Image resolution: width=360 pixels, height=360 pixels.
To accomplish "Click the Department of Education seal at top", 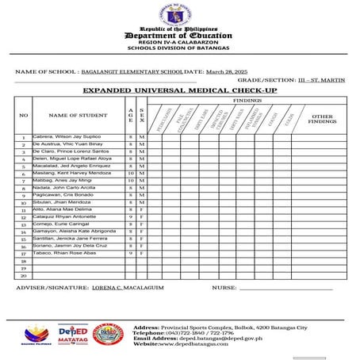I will tap(179, 15).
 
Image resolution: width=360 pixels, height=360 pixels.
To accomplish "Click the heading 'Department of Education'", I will tap(179, 36).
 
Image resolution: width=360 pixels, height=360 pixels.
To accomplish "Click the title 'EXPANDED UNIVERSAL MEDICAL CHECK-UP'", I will tap(180, 91).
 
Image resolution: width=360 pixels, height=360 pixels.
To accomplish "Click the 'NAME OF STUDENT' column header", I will tap(78, 116).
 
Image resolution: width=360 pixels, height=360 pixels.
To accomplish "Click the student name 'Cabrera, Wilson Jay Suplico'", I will tap(67, 137).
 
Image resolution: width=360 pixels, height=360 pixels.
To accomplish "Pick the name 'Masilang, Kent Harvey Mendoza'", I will tap(71, 173).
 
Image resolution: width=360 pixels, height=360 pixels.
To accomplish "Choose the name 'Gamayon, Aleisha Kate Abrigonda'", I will tap(74, 231).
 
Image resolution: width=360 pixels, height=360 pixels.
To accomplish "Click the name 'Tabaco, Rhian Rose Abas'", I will tap(63, 253).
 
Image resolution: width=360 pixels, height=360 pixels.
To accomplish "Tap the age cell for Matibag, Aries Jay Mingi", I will tap(131, 181).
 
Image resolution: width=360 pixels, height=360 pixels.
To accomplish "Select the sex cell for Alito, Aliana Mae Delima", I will tap(141, 209).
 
